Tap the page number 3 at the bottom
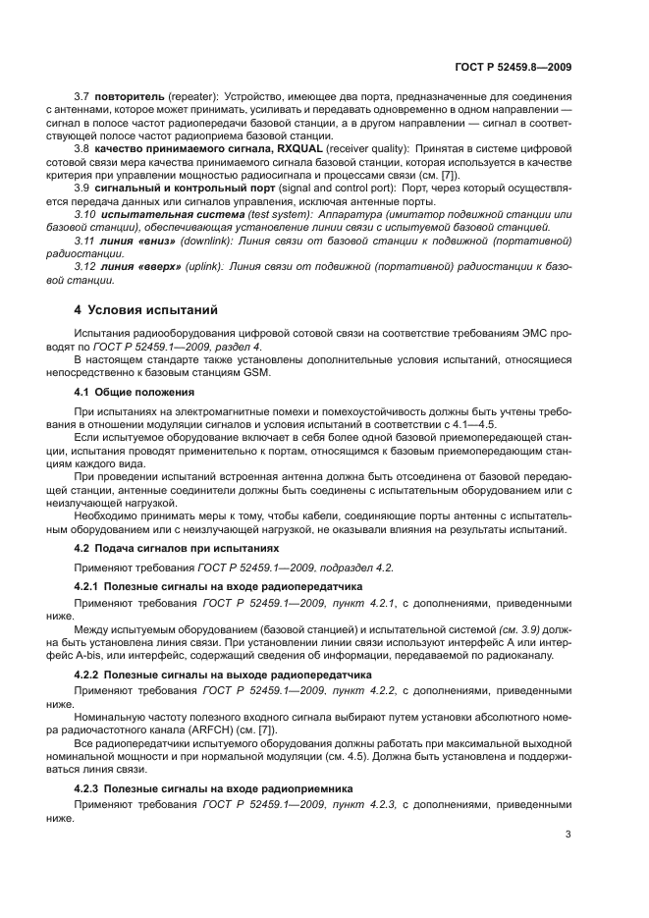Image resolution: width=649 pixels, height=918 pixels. click(568, 836)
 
